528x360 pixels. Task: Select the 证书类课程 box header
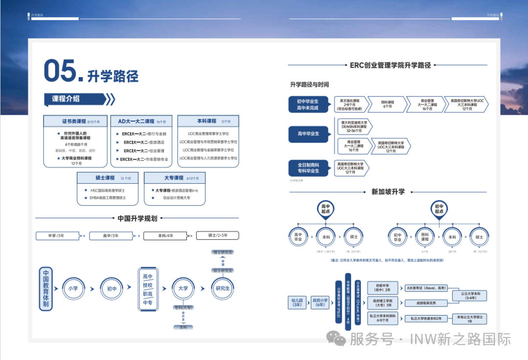74,121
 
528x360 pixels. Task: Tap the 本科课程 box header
208,121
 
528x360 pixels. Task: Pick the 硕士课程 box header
107,178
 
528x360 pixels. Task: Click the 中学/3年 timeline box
57,236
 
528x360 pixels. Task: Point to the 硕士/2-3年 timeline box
218,235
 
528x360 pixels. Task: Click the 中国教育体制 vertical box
46,289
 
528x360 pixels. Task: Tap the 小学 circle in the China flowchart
73,288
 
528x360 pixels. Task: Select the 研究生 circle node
222,288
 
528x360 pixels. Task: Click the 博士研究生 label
222,253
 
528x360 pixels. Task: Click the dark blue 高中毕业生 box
308,133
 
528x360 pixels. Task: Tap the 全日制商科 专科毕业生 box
308,168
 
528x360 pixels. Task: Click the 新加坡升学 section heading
388,192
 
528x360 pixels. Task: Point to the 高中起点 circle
325,209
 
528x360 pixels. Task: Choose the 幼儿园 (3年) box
297,303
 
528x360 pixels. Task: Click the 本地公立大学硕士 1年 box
469,318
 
